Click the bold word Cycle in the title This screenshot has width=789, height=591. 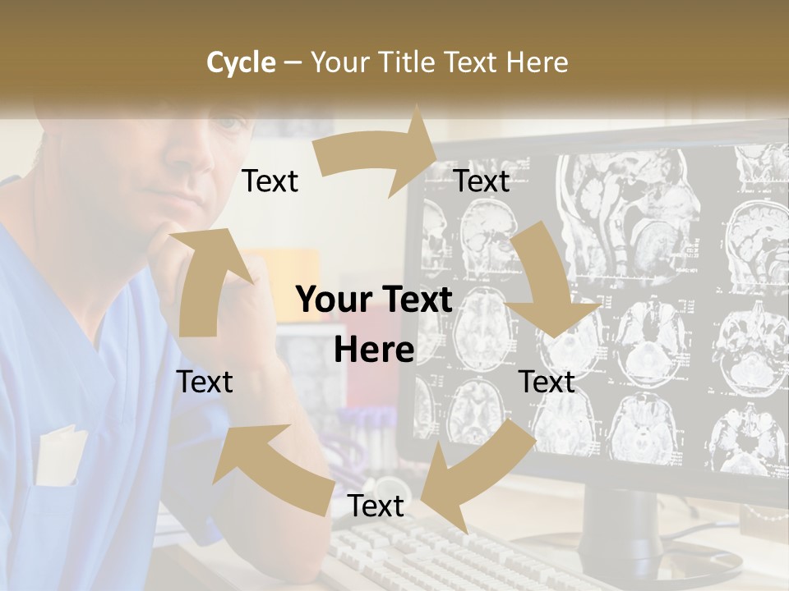coord(241,62)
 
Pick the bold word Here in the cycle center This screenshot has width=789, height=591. coord(374,350)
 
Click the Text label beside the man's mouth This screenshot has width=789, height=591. coord(270,181)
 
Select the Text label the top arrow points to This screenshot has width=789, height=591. coord(482,181)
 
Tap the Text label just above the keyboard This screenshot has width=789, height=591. coord(376,506)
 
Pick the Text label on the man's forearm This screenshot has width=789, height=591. coord(205,382)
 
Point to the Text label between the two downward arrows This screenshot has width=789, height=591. coord(547,382)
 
